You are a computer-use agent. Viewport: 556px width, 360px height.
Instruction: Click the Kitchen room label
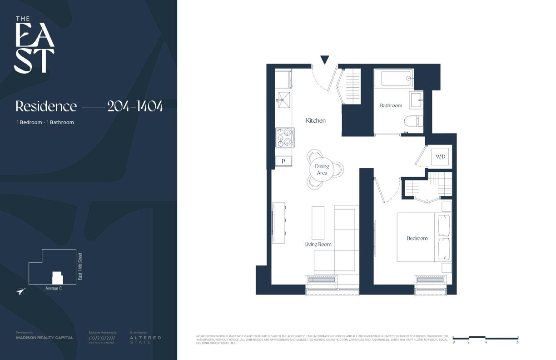(316, 121)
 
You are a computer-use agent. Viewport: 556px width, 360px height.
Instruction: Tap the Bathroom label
(391, 105)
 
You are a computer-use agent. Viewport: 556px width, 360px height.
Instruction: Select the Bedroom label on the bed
(417, 238)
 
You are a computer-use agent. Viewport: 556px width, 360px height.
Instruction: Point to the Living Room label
(318, 245)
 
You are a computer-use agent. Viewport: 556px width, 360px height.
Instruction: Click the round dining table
(322, 170)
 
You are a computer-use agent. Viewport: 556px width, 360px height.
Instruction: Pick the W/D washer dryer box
(441, 157)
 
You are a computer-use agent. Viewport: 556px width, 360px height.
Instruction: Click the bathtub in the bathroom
(396, 78)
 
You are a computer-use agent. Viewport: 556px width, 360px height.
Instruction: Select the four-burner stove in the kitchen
(285, 137)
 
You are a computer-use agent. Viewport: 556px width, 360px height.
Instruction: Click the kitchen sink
(284, 100)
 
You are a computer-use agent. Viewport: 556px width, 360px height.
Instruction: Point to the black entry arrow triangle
(324, 60)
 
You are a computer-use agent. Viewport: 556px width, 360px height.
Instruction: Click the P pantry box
(283, 161)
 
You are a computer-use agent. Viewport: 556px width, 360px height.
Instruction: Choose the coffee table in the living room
(318, 223)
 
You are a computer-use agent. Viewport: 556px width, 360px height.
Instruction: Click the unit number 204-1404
(135, 106)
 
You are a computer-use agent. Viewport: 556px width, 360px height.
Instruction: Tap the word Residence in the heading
(46, 106)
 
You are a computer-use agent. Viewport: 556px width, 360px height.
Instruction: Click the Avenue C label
(54, 288)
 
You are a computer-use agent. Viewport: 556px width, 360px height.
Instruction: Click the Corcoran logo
(102, 338)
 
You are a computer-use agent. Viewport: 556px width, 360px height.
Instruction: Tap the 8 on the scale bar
(517, 342)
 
